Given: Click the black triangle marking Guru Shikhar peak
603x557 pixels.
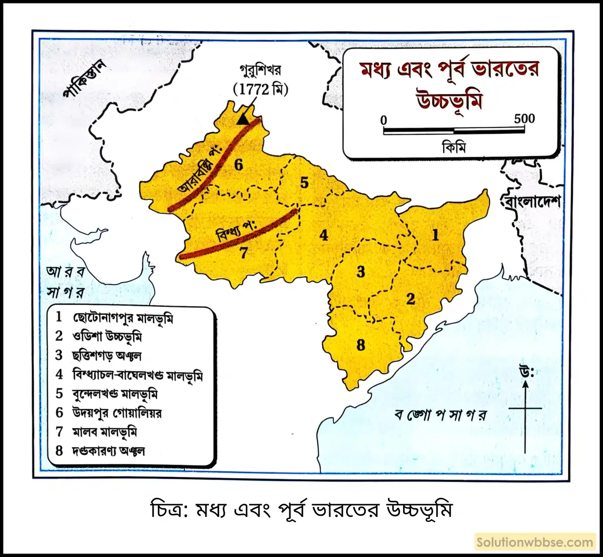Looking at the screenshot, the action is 243,119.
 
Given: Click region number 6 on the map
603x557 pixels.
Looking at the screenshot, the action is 238,164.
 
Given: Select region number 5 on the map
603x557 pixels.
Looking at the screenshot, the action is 304,183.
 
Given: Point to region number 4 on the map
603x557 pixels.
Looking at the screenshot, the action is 324,235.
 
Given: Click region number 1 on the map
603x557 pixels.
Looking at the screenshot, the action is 435,235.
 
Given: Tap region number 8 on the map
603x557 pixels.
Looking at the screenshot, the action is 360,346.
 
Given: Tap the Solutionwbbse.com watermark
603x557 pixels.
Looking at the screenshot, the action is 535,542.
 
